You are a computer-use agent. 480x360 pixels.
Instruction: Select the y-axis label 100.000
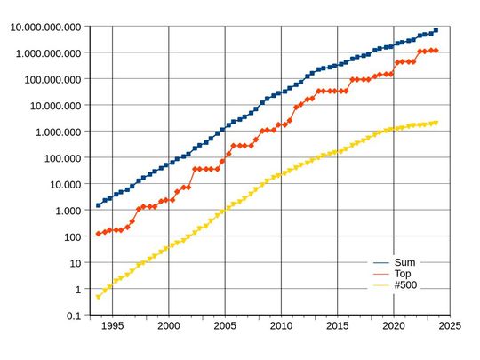(x=57, y=158)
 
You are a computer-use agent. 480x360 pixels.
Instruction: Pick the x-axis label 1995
(x=112, y=327)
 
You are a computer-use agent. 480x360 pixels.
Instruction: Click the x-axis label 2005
(x=225, y=327)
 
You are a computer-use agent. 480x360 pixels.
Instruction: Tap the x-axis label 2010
(x=281, y=327)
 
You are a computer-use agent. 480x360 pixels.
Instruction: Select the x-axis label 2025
(x=450, y=327)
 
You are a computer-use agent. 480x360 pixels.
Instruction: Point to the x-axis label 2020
(x=394, y=327)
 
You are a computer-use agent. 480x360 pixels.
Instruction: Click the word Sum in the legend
(x=404, y=263)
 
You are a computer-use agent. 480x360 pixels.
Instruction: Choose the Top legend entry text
(x=404, y=275)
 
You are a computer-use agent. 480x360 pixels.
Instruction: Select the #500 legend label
(x=406, y=286)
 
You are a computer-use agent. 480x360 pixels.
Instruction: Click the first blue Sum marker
(x=98, y=205)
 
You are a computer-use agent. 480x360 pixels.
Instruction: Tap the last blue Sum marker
(x=436, y=30)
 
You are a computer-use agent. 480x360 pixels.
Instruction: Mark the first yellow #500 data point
(x=98, y=297)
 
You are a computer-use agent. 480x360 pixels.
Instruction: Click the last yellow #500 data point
(x=436, y=123)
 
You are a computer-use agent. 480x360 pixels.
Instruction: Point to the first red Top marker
(x=98, y=234)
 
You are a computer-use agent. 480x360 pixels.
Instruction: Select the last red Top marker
(x=436, y=51)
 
